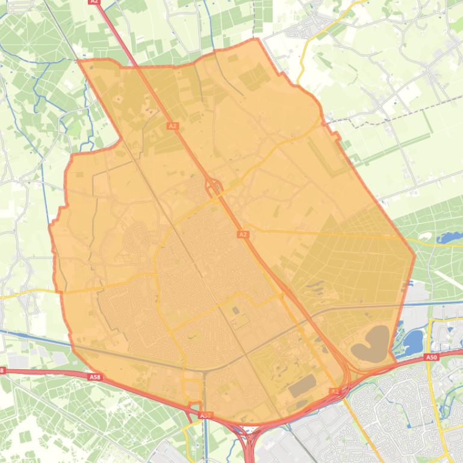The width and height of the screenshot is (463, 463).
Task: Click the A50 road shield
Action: coord(430,357)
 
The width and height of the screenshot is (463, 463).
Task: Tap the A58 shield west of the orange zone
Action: coord(95,377)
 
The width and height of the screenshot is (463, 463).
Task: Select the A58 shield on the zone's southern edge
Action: coord(205,415)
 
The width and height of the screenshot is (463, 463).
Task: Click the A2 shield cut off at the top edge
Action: coord(93,2)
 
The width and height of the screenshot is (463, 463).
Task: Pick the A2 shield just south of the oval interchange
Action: coord(243,234)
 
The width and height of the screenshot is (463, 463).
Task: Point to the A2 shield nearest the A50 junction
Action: coord(335,391)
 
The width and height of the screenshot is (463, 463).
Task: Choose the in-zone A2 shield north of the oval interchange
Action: coord(173,126)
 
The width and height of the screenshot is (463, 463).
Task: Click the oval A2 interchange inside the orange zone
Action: coord(214,189)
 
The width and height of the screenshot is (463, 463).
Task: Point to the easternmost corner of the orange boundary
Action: coord(415,255)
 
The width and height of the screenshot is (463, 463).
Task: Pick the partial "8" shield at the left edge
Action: coord(2,370)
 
